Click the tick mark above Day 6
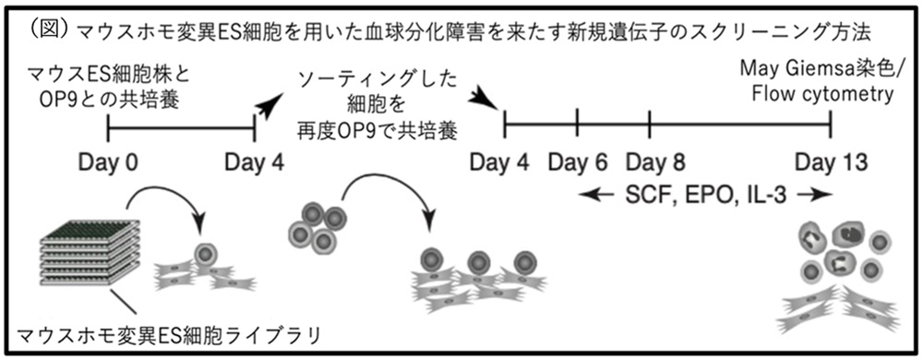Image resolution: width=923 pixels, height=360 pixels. coord(577,124)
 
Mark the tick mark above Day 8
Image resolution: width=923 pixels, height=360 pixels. coord(649,124)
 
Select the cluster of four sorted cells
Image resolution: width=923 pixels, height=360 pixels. coord(317,226)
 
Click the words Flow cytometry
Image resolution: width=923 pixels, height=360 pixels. coord(823,94)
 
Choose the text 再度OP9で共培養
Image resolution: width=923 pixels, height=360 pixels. coord(378,132)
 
